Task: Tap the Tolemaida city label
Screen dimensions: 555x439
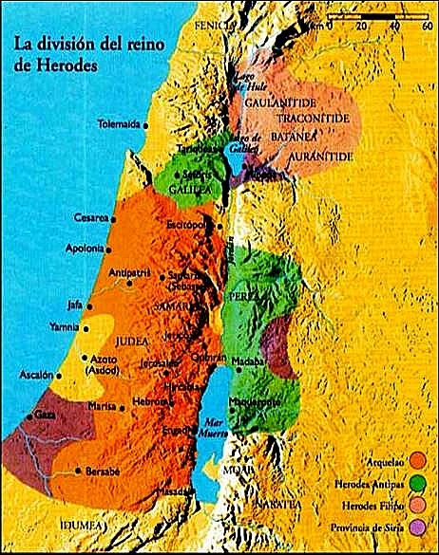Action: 120,124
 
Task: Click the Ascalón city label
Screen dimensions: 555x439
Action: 35,376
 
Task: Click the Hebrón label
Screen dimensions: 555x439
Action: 157,401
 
